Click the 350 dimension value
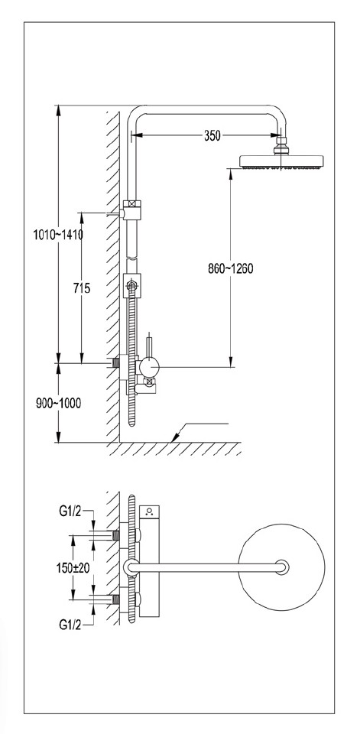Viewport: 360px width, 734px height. [x=212, y=135]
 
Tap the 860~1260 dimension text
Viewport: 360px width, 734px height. [x=230, y=268]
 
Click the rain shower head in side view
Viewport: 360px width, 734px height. [x=282, y=161]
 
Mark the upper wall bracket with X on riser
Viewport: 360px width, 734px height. [x=132, y=206]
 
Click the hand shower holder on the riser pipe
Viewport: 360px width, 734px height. [x=133, y=287]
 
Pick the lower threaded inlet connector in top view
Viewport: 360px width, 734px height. [x=117, y=599]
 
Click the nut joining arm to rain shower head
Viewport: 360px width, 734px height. [x=282, y=144]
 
